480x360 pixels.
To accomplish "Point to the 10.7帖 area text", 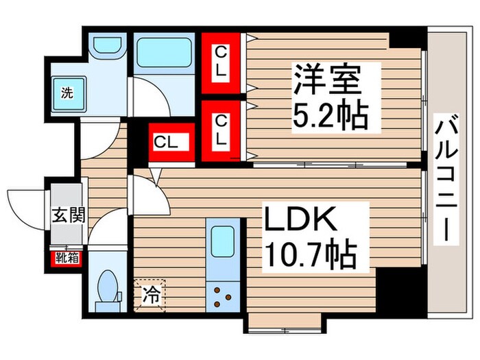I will (309, 255).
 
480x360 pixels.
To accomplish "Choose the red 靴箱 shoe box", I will (67, 259).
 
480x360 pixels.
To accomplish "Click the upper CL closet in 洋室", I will (221, 62).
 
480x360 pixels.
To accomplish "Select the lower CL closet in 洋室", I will (221, 130).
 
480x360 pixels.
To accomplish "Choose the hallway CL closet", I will (166, 143).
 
